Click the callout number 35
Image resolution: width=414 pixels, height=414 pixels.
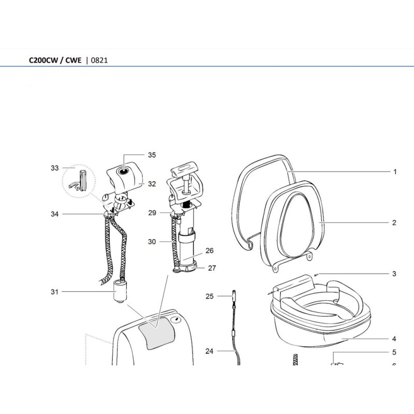152,155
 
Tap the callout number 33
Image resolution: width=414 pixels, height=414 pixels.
55,168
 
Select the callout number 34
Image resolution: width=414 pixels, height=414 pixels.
55,214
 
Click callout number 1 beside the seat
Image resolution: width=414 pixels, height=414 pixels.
394,171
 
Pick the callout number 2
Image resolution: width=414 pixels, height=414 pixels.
394,223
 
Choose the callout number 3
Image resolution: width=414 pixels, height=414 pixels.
394,273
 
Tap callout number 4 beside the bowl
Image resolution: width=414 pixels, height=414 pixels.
394,339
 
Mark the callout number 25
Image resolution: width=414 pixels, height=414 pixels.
209,297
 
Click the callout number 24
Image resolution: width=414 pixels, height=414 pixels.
209,351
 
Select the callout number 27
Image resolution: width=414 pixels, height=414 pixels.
212,268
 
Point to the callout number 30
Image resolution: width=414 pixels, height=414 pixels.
152,242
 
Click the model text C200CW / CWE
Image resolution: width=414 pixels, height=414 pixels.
54,60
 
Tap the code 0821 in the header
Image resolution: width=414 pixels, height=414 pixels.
99,60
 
